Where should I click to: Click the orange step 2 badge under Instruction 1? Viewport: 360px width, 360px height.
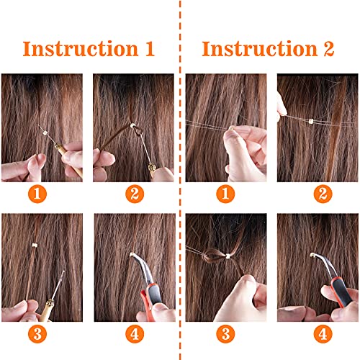coord(133,193)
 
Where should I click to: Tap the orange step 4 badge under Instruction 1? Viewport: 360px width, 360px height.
coord(133,333)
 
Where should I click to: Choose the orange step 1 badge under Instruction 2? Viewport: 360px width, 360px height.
coord(226,193)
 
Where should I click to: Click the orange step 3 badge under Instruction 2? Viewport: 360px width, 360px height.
coord(226,333)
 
